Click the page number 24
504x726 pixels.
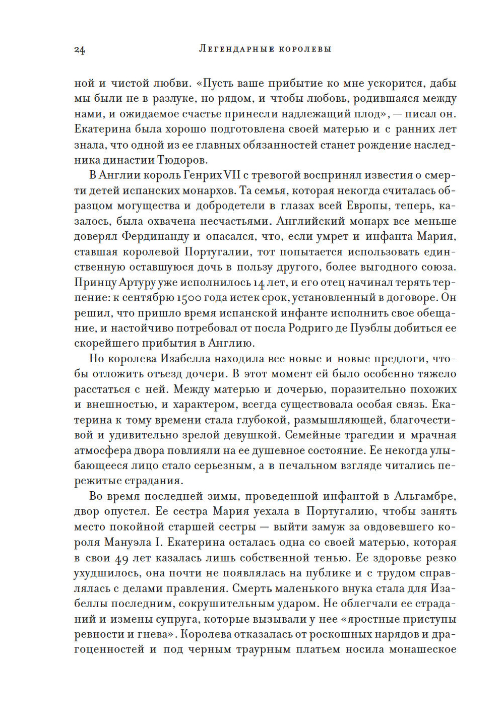click(80, 49)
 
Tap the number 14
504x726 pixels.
click(259, 282)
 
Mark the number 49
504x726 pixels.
click(122, 558)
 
